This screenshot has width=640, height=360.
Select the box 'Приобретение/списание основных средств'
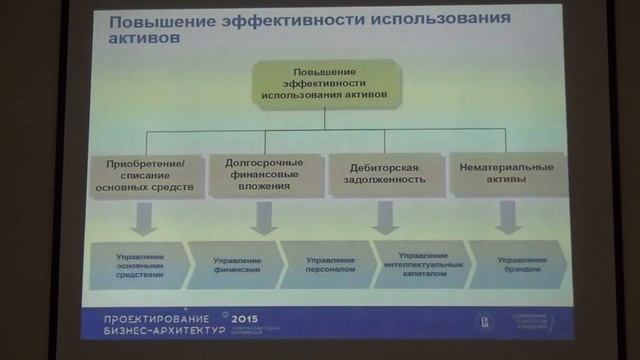pos(146,176)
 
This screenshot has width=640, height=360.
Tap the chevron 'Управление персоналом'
pos(328,263)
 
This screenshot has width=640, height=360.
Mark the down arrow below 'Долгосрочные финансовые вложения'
pos(263,217)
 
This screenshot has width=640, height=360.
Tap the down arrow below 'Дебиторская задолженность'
pos(383,216)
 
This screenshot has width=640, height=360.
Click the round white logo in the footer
pos(482,321)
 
